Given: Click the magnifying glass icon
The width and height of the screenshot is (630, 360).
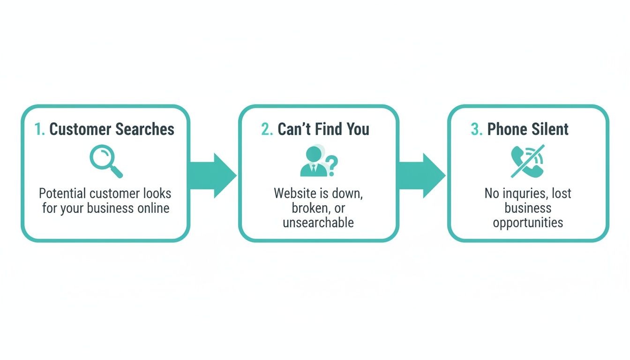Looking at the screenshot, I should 106,162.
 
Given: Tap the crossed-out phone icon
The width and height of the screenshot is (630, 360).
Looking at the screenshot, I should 528,162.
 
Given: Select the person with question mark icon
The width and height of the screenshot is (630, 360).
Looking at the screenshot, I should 318,162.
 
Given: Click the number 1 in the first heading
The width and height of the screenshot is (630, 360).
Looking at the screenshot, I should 39,129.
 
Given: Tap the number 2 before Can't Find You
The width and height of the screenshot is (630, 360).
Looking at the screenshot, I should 267,129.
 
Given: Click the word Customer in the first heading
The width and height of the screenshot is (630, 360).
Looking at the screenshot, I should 78,129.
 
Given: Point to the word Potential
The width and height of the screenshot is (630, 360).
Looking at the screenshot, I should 62,193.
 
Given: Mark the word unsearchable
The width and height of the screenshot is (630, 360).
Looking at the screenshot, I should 318,222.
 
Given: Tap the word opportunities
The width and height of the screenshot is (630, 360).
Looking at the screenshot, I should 528,222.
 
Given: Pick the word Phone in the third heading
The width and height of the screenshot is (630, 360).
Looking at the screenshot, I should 505,129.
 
